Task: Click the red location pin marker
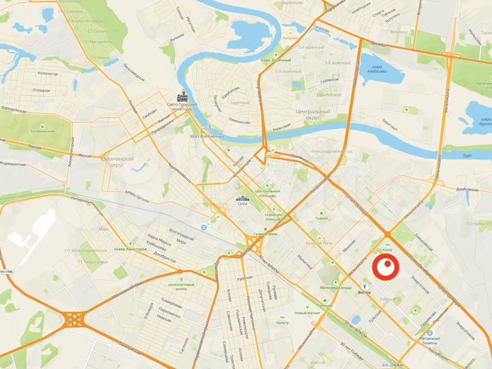387,266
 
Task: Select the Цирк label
241,204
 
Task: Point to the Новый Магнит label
307,313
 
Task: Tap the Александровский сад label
331,151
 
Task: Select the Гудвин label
322,218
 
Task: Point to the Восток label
364,292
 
